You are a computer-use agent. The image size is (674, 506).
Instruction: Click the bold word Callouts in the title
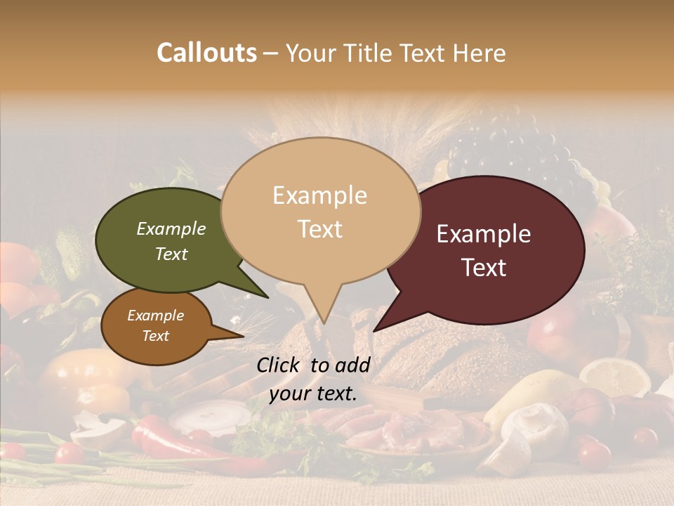(x=206, y=53)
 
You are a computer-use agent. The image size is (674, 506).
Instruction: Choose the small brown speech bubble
(x=156, y=326)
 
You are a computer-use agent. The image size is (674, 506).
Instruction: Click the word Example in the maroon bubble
(x=484, y=234)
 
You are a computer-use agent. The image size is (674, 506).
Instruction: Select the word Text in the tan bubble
(x=319, y=229)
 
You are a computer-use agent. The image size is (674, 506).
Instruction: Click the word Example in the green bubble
(x=171, y=228)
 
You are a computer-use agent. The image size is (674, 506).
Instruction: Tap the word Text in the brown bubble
(x=156, y=336)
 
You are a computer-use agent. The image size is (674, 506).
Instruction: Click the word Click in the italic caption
(x=279, y=365)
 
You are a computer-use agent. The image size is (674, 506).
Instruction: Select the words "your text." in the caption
(x=313, y=394)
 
